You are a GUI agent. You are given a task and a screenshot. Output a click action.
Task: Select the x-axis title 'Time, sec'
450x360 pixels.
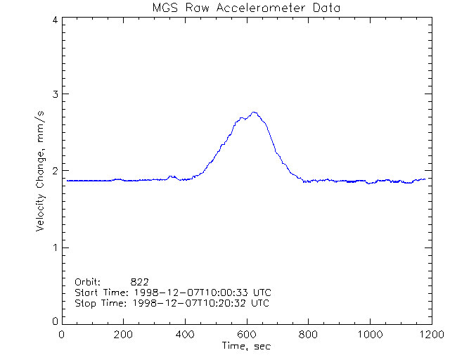pyautogui.click(x=246, y=346)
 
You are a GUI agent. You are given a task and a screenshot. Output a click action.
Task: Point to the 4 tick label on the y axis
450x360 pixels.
pyautogui.click(x=54, y=20)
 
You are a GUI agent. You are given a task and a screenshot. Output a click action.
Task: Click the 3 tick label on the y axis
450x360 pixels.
pyautogui.click(x=54, y=94)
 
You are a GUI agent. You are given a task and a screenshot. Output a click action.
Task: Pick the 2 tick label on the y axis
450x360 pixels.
pyautogui.click(x=54, y=171)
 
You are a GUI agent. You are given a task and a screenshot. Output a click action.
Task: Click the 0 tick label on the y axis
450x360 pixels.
pyautogui.click(x=54, y=321)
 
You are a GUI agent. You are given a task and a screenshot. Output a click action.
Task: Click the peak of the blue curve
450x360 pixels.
pyautogui.click(x=254, y=112)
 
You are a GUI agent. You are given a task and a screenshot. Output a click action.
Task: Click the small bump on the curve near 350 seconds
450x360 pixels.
pyautogui.click(x=172, y=176)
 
